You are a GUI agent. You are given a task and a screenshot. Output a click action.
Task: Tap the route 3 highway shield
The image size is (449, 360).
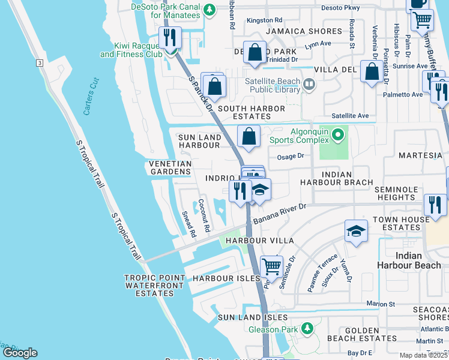[x=40, y=63]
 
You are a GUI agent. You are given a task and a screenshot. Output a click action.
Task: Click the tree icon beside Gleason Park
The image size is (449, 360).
[x=307, y=328]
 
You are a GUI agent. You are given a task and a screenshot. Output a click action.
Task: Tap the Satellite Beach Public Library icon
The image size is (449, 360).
[x=309, y=85]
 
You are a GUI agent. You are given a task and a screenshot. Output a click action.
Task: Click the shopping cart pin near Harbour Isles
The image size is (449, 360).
[x=271, y=266]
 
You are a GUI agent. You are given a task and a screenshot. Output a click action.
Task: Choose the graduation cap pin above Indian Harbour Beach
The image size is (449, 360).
[x=356, y=230]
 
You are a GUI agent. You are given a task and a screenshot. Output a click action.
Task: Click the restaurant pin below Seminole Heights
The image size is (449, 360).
[x=435, y=205]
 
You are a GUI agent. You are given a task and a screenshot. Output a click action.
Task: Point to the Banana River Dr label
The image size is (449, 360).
[x=279, y=215]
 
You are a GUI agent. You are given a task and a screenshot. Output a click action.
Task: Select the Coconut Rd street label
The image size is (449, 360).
[x=204, y=216]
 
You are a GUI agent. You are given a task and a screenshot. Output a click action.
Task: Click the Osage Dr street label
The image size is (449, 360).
[x=291, y=156]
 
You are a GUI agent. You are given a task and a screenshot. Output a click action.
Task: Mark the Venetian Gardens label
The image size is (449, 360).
[x=170, y=167]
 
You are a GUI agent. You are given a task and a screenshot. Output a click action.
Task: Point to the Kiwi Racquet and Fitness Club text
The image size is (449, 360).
[x=131, y=50]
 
